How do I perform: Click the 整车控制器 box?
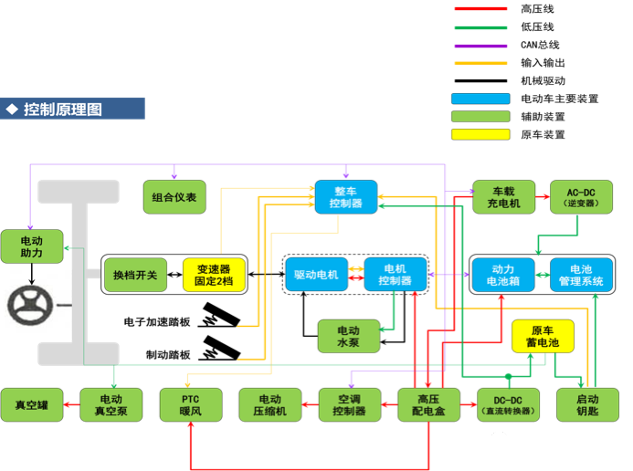tap(346, 197)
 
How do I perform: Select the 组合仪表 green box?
tap(174, 197)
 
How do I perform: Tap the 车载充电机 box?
tap(502, 197)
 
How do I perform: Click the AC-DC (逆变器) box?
tap(580, 197)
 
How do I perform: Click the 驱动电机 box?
tap(316, 275)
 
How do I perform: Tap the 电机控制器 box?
tap(394, 275)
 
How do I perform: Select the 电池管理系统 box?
tap(580, 275)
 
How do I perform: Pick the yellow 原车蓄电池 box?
tap(542, 336)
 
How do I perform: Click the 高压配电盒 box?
tap(428, 404)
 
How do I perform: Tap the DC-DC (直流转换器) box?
tap(507, 404)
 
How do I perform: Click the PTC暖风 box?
tap(189, 404)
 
